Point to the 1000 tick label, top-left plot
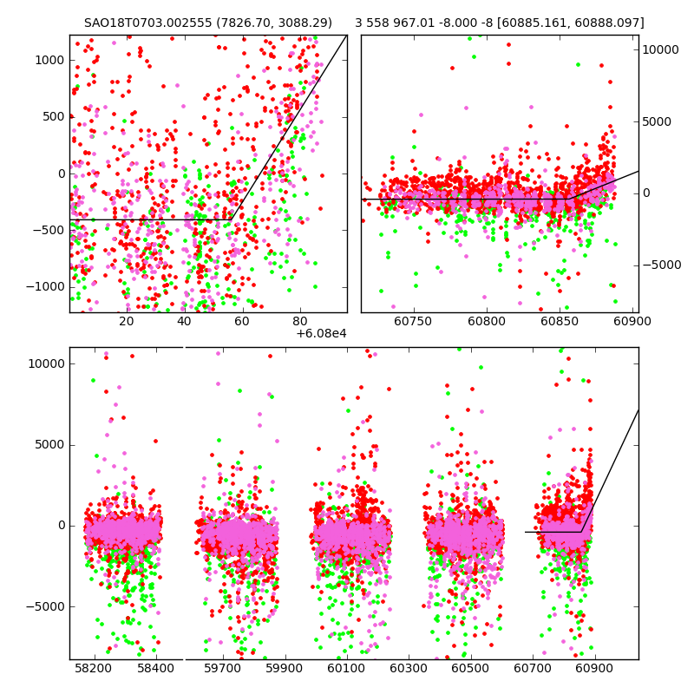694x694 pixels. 49,60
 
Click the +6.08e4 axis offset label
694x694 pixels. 321,333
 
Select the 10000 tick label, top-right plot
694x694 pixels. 660,49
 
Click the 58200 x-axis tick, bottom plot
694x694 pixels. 93,669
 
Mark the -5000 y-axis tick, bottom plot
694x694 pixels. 45,606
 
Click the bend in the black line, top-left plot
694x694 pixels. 232,219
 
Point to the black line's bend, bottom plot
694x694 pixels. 581,532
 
